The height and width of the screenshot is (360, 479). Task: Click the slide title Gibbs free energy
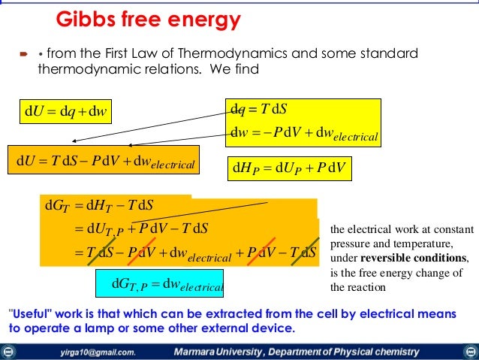(x=149, y=19)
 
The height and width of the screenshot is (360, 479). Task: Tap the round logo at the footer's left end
(x=8, y=351)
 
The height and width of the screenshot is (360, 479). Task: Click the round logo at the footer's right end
(x=471, y=351)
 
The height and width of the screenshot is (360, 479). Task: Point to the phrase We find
(x=239, y=70)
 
